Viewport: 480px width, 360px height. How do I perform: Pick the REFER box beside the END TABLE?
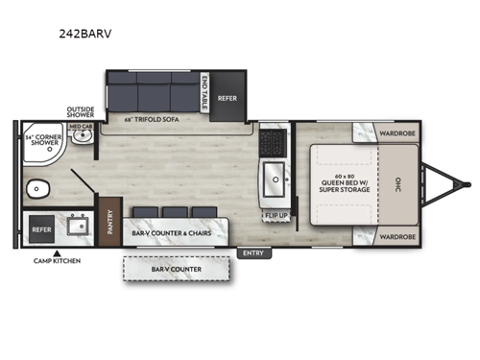coord(227,97)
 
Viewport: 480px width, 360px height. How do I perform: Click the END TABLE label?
coord(203,92)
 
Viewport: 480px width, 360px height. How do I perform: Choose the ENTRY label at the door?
coord(252,253)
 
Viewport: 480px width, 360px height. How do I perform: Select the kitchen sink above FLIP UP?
coord(276,178)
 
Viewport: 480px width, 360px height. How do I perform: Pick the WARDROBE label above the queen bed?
coord(396,133)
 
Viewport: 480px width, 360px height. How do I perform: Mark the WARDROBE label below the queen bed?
coord(396,236)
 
